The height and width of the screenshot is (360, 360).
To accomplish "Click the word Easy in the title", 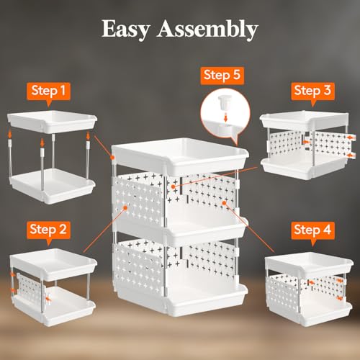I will tap(127, 30).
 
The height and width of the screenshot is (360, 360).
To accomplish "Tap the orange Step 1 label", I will tap(50, 92).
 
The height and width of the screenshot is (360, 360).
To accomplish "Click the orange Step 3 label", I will tap(314, 92).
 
